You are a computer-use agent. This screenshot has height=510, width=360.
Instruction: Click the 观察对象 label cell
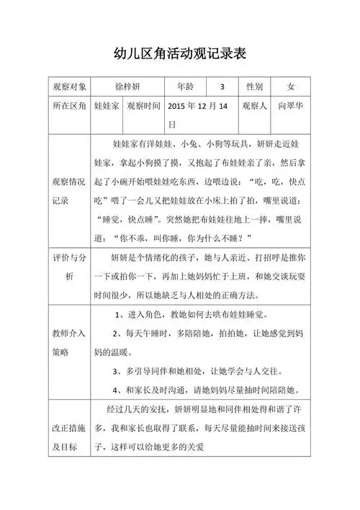click(x=70, y=86)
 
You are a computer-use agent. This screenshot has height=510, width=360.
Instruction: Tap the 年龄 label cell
click(x=186, y=86)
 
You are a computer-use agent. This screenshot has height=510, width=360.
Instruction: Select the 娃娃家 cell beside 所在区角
click(x=106, y=106)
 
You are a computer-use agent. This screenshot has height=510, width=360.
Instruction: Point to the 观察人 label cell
click(x=255, y=106)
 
